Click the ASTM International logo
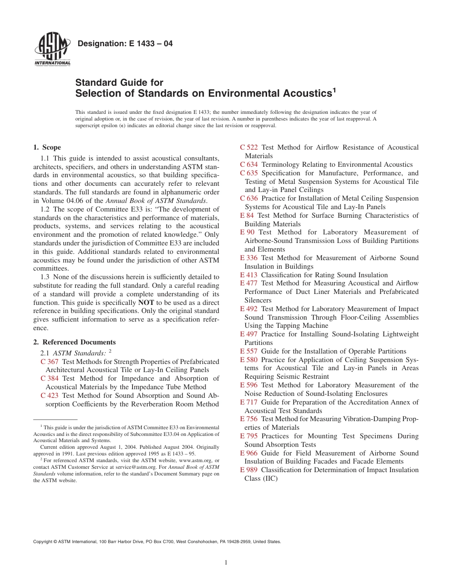(52, 50)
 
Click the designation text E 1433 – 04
(125, 44)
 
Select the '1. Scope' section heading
(47, 147)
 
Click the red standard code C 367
(50, 362)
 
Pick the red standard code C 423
(50, 395)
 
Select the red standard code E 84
(247, 215)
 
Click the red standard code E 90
(247, 232)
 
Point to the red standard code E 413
(248, 275)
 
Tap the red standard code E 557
(248, 351)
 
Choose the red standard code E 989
(248, 470)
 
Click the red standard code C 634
(248, 164)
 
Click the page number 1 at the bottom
(226, 563)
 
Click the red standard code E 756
(248, 419)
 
